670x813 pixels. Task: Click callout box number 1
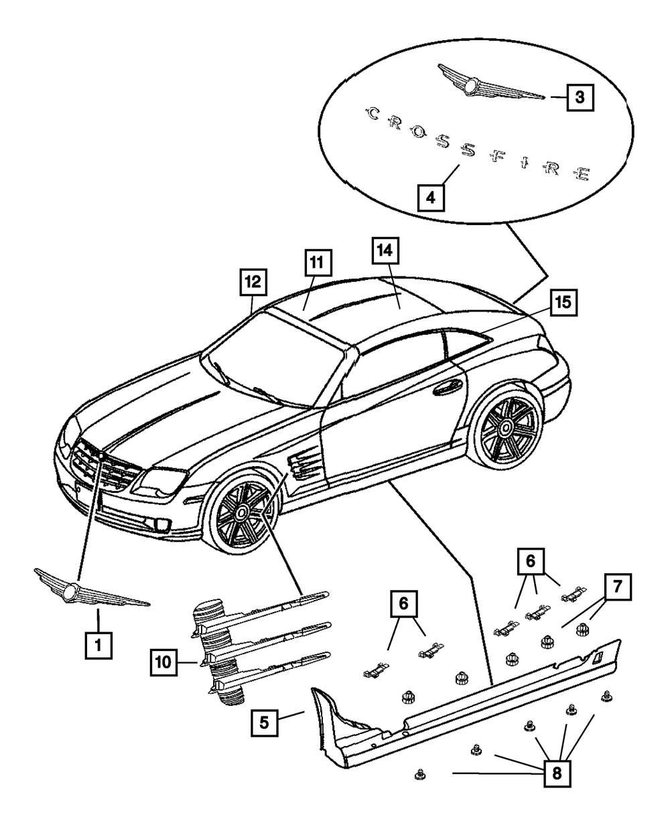tap(98, 645)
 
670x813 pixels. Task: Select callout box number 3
tap(580, 97)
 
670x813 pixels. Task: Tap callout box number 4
tap(431, 198)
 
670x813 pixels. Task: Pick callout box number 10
tap(163, 662)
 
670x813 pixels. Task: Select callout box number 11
tap(318, 263)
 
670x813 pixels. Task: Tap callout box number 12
tap(253, 282)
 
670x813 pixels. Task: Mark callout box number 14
tap(386, 251)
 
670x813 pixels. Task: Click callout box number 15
tap(563, 302)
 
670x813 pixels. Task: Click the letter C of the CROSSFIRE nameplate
tap(373, 114)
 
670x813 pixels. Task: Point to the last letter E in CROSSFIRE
tap(582, 174)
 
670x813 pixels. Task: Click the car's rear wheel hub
tap(507, 428)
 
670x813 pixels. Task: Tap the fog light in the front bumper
tap(161, 525)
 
